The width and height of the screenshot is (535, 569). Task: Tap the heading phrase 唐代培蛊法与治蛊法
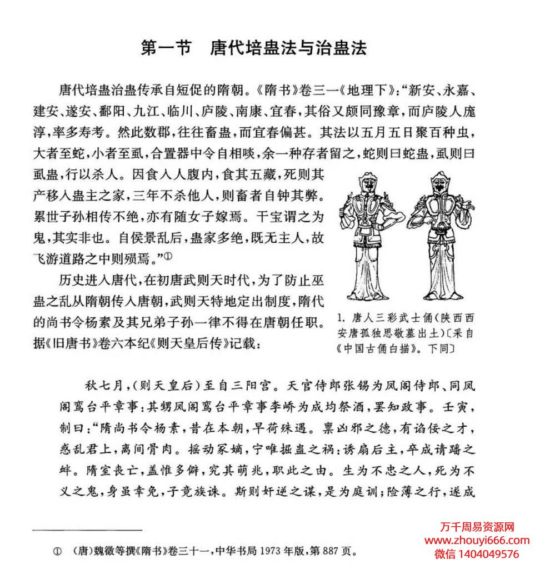[288, 48]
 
